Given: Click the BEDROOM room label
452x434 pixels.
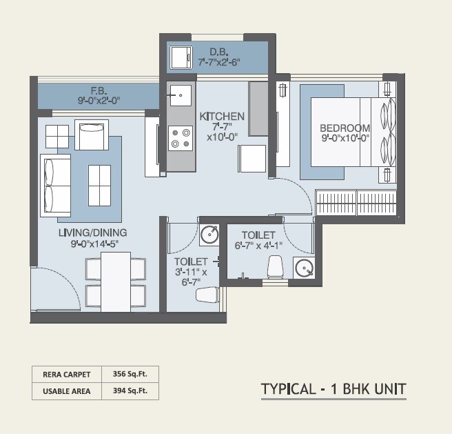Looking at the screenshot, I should coord(345,128).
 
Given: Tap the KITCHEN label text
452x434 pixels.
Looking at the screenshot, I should coord(222,116).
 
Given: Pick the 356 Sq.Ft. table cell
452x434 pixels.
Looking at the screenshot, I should coord(130,374).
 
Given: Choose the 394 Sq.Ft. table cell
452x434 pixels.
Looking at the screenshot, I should coord(130,391).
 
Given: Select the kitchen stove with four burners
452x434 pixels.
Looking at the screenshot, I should coord(181,138).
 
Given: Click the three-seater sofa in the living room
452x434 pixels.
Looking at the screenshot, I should coord(55,185).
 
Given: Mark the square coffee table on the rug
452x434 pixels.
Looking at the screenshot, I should coord(99,185).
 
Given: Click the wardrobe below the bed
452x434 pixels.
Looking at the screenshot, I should coord(356,203).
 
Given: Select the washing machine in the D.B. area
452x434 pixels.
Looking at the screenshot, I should coord(181,57).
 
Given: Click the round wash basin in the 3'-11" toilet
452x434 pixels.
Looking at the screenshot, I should coord(209,235).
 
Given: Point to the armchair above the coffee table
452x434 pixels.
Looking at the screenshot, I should coord(92,135).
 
